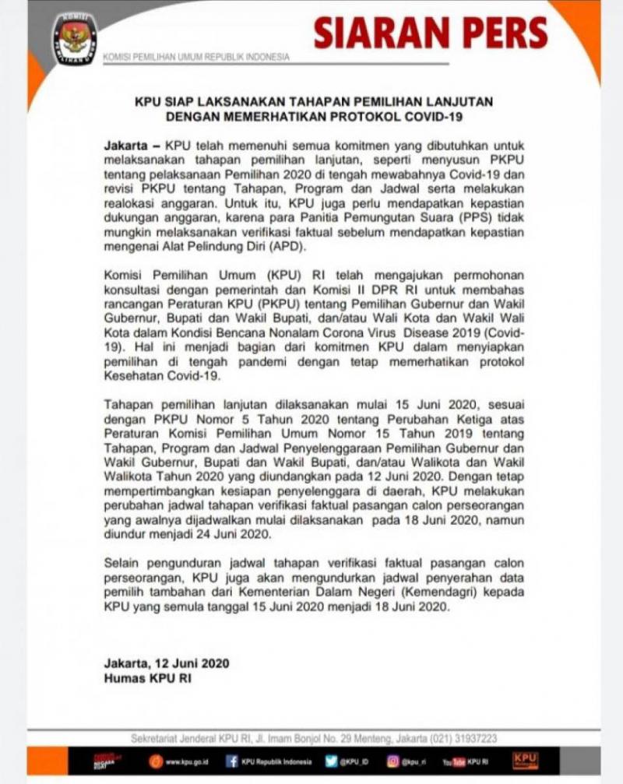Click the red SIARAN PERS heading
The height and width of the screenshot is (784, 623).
pos(431,33)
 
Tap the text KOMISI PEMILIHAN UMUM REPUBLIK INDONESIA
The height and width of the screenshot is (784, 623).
pos(196,57)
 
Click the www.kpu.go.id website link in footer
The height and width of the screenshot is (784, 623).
pos(185,761)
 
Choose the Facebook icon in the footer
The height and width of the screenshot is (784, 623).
pos(232,761)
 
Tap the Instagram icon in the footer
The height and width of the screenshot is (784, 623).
pos(394,761)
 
